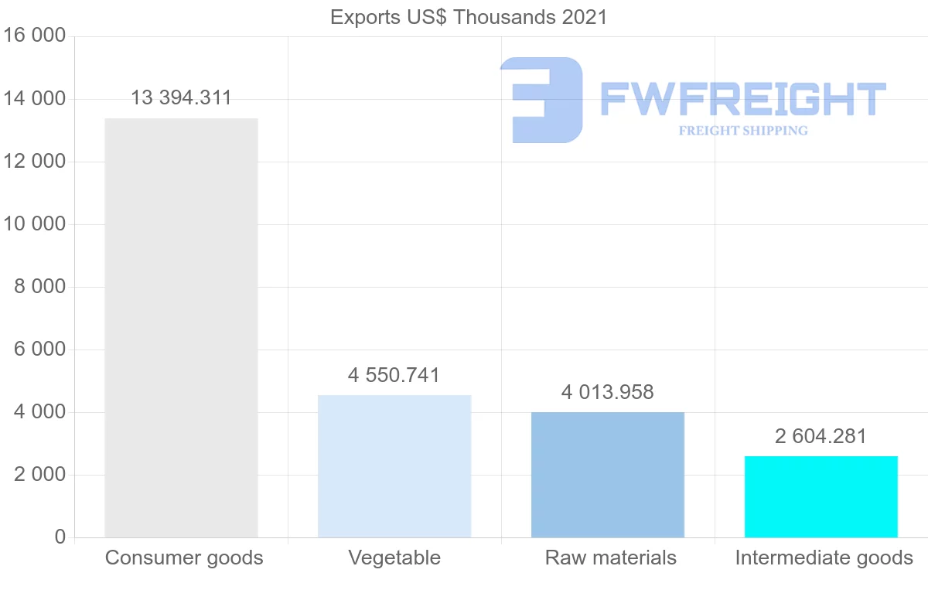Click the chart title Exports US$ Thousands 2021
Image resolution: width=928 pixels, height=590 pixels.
pyautogui.click(x=469, y=16)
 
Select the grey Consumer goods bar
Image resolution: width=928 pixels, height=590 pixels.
pyautogui.click(x=181, y=328)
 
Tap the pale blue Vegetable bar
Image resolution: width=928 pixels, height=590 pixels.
pyautogui.click(x=394, y=466)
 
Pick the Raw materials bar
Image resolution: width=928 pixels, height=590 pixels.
pyautogui.click(x=608, y=475)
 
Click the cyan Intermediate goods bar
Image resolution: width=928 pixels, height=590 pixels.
pyautogui.click(x=821, y=496)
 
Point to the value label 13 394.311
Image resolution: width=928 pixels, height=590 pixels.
pyautogui.click(x=181, y=98)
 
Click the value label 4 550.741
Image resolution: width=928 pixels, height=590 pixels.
pyautogui.click(x=394, y=376)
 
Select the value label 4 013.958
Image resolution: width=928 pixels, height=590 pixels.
pyautogui.click(x=607, y=393)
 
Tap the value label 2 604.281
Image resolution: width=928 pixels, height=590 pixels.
pyautogui.click(x=821, y=436)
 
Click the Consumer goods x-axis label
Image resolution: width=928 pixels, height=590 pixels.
pyautogui.click(x=184, y=558)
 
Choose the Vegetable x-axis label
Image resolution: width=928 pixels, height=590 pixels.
pyautogui.click(x=394, y=558)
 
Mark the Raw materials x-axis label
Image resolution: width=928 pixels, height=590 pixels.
pyautogui.click(x=611, y=558)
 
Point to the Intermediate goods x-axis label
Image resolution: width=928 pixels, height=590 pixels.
pyautogui.click(x=824, y=558)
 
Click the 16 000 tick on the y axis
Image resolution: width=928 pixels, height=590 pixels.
pyautogui.click(x=34, y=36)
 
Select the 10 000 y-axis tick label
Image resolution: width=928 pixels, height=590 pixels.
pyautogui.click(x=34, y=224)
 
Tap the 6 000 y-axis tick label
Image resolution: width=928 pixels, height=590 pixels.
pyautogui.click(x=39, y=350)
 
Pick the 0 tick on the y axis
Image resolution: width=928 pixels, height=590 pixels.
pyautogui.click(x=60, y=537)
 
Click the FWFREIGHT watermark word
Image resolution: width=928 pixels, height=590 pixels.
pyautogui.click(x=742, y=100)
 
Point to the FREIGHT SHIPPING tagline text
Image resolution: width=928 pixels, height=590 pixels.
pyautogui.click(x=743, y=131)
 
